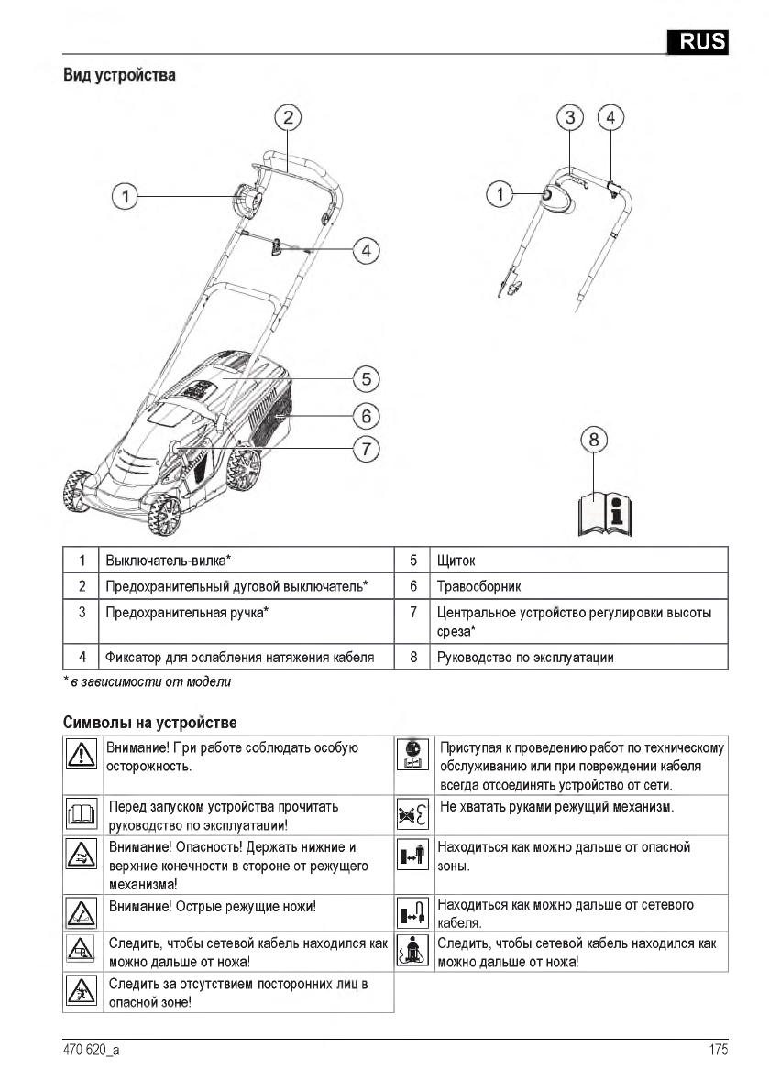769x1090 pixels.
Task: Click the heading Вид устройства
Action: pyautogui.click(x=119, y=75)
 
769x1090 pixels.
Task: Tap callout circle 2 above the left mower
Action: pyautogui.click(x=288, y=116)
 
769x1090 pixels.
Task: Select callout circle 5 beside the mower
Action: pyautogui.click(x=365, y=377)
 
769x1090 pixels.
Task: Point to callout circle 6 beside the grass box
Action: pyautogui.click(x=365, y=415)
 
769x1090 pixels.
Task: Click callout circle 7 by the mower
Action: pyautogui.click(x=365, y=449)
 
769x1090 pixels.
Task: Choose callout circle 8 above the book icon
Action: pyautogui.click(x=594, y=440)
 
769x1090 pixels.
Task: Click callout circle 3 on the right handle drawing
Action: pyautogui.click(x=571, y=117)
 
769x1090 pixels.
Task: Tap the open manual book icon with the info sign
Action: pyautogui.click(x=605, y=514)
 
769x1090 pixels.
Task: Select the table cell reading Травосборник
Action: pyautogui.click(x=478, y=585)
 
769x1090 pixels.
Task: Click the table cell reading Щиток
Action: pyautogui.click(x=456, y=560)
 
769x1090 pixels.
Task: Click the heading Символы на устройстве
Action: pyautogui.click(x=149, y=724)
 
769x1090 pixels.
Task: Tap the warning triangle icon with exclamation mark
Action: pyautogui.click(x=81, y=755)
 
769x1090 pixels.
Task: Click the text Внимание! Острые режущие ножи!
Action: pyautogui.click(x=212, y=906)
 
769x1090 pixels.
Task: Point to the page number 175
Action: pyautogui.click(x=718, y=1051)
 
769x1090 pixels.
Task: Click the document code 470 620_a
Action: pyautogui.click(x=91, y=1051)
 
